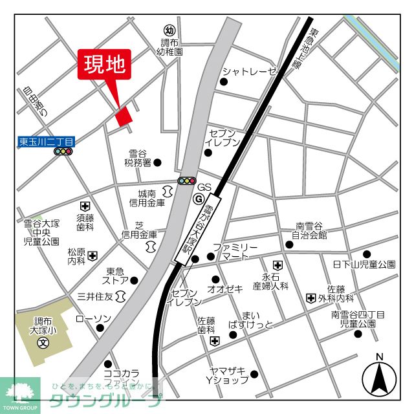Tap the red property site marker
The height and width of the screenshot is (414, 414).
click(123, 115)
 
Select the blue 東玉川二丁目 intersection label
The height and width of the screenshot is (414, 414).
click(46, 140)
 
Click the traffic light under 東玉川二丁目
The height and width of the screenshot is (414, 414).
click(63, 152)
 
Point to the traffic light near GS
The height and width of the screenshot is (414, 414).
click(187, 182)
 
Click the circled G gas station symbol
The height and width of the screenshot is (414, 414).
click(198, 199)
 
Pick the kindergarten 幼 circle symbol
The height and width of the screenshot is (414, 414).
click(169, 30)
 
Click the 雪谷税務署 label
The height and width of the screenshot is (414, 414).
click(138, 158)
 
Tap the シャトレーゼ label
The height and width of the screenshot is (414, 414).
click(249, 71)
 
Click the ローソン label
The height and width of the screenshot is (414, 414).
click(94, 319)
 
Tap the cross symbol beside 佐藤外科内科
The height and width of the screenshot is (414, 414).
click(311, 298)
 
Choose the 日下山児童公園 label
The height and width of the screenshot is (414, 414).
click(364, 265)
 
